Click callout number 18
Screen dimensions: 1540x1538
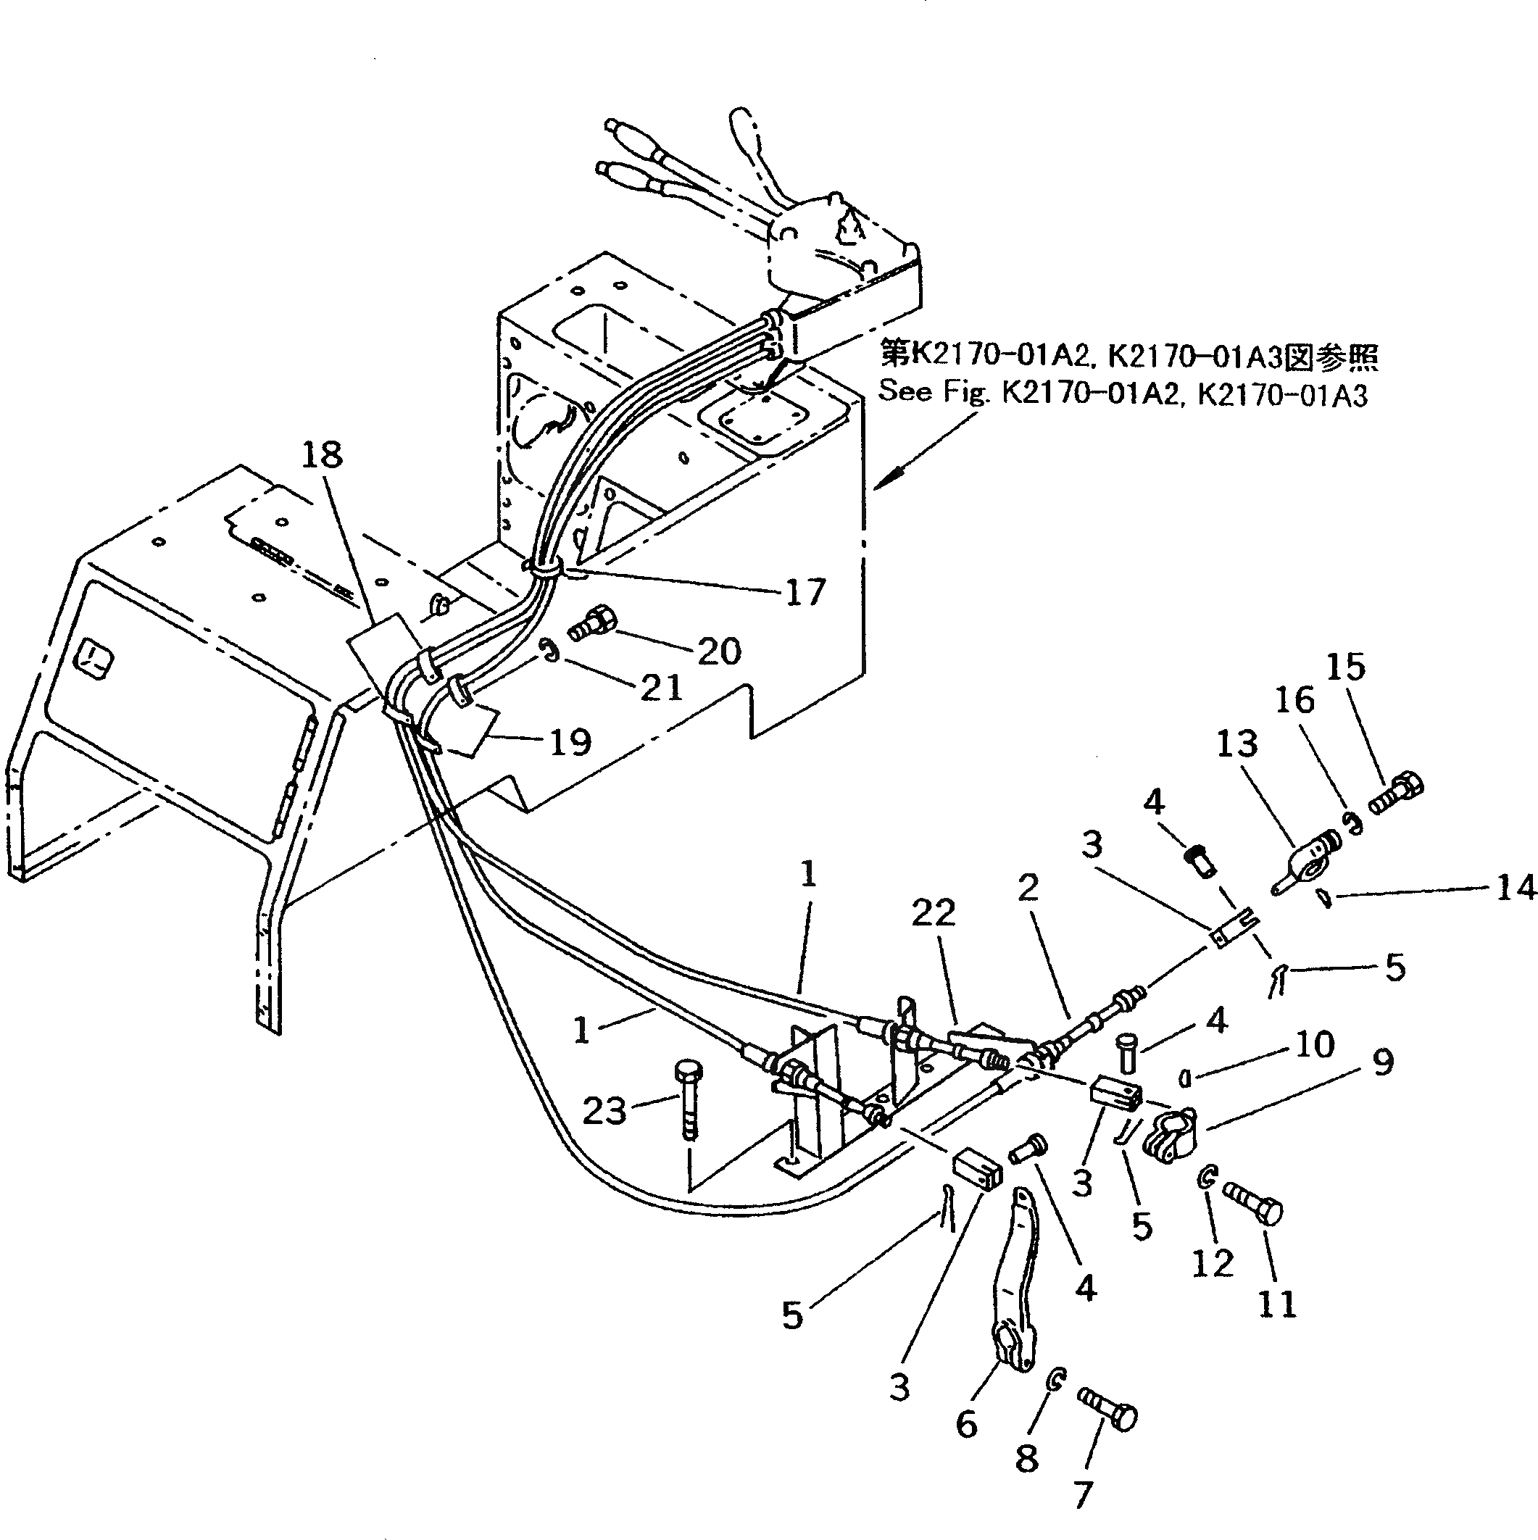(322, 455)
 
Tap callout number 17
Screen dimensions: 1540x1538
(805, 592)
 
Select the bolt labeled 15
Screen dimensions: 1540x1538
(1397, 791)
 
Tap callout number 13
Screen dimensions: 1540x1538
(1236, 744)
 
